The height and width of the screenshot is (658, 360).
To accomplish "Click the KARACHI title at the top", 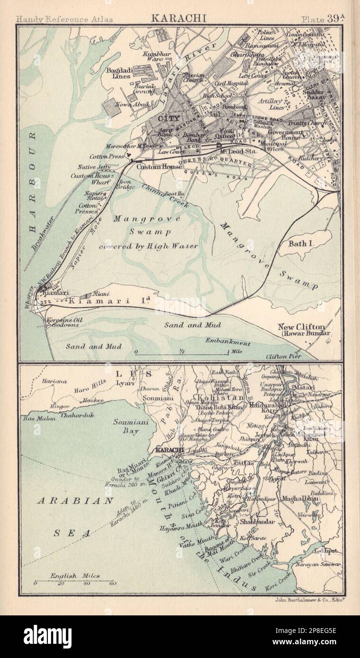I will click(x=179, y=19).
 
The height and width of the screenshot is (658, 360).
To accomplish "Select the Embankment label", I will click(x=227, y=342).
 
